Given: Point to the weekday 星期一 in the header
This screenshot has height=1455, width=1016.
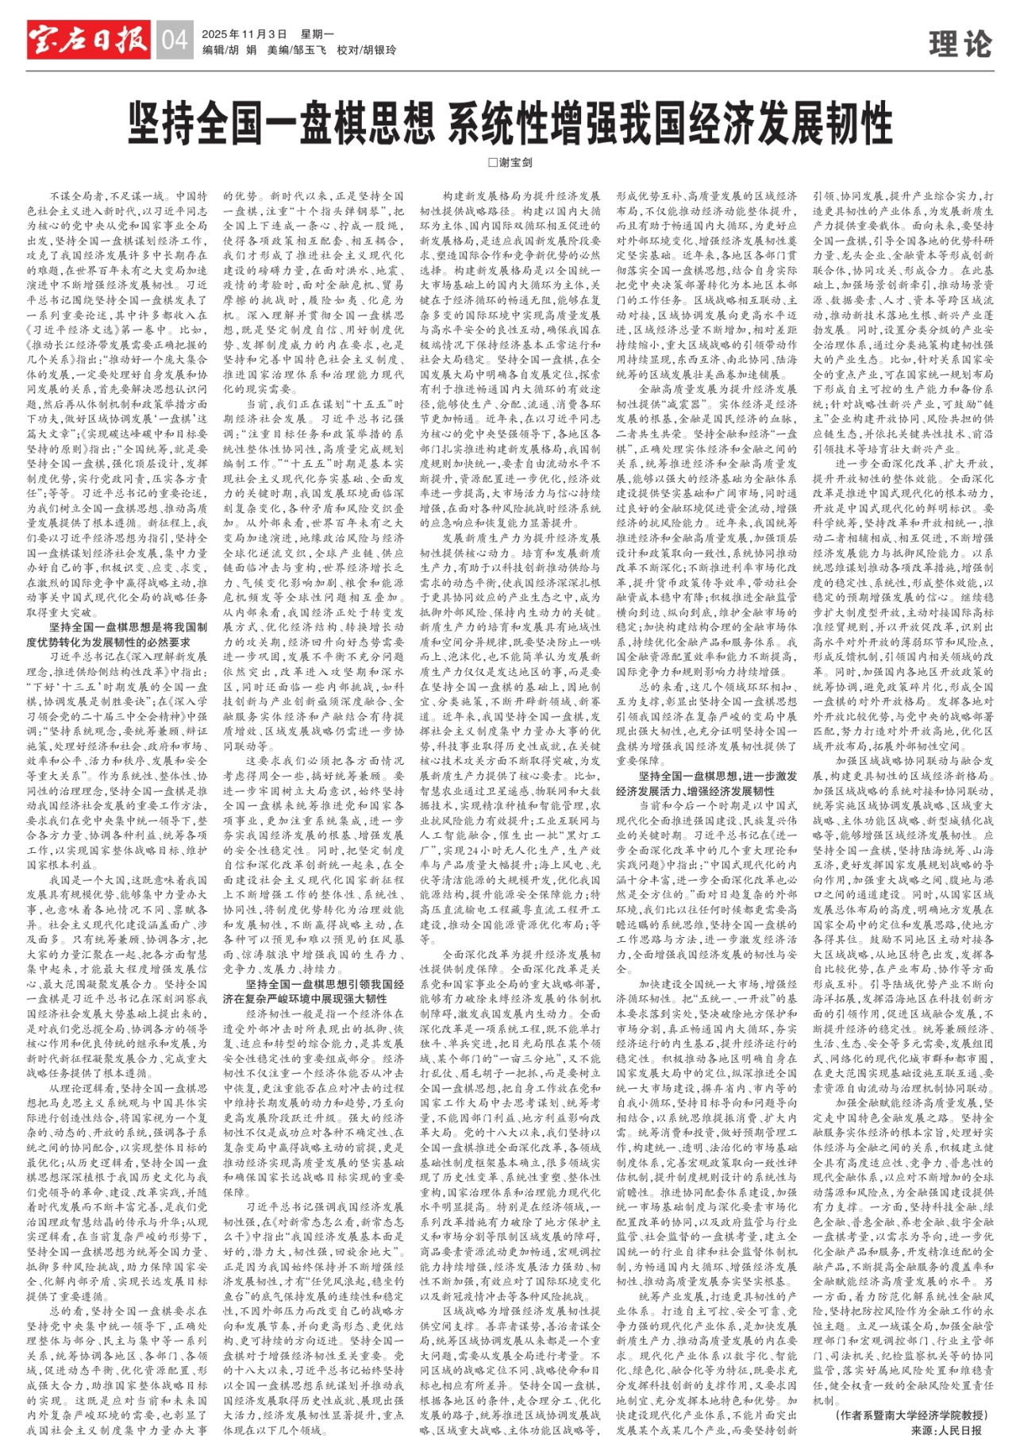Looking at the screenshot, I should point(317,34).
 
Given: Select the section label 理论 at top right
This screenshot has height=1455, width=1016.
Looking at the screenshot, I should point(960,44).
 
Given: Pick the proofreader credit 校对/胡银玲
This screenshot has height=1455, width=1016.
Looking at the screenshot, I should point(366,50).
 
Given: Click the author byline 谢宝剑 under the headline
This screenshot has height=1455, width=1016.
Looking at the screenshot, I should point(516,162).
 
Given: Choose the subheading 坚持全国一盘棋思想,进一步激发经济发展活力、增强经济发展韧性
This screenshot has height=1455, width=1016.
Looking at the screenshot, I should point(706,784).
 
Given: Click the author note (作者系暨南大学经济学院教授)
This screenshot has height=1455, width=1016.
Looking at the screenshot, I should point(913,1415).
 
